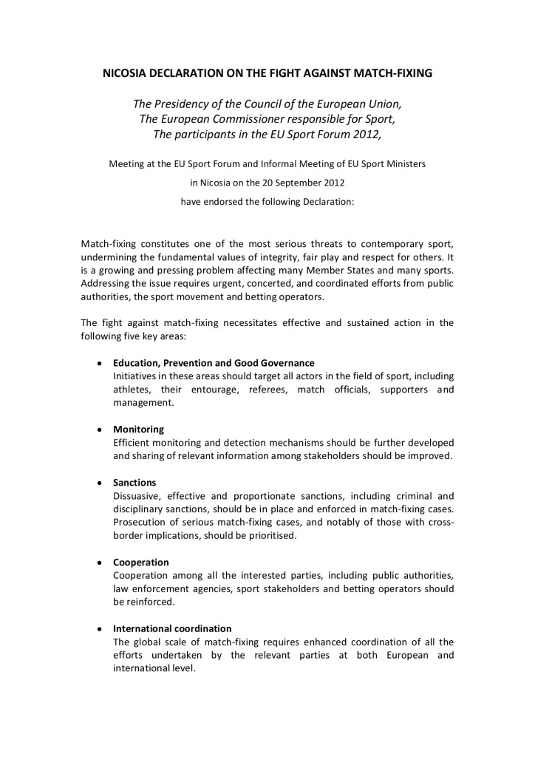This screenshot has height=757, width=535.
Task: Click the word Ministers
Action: [x=404, y=163]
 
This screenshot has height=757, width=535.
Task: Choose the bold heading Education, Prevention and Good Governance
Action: [x=214, y=363]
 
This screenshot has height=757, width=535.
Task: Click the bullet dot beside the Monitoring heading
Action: [x=99, y=430]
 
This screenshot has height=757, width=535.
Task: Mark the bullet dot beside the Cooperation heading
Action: [x=99, y=563]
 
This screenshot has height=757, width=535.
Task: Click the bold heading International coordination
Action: [x=172, y=628]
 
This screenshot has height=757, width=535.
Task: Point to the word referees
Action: [x=267, y=390]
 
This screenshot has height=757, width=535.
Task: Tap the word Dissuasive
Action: [x=137, y=496]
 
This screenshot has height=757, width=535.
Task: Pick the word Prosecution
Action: [x=140, y=523]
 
